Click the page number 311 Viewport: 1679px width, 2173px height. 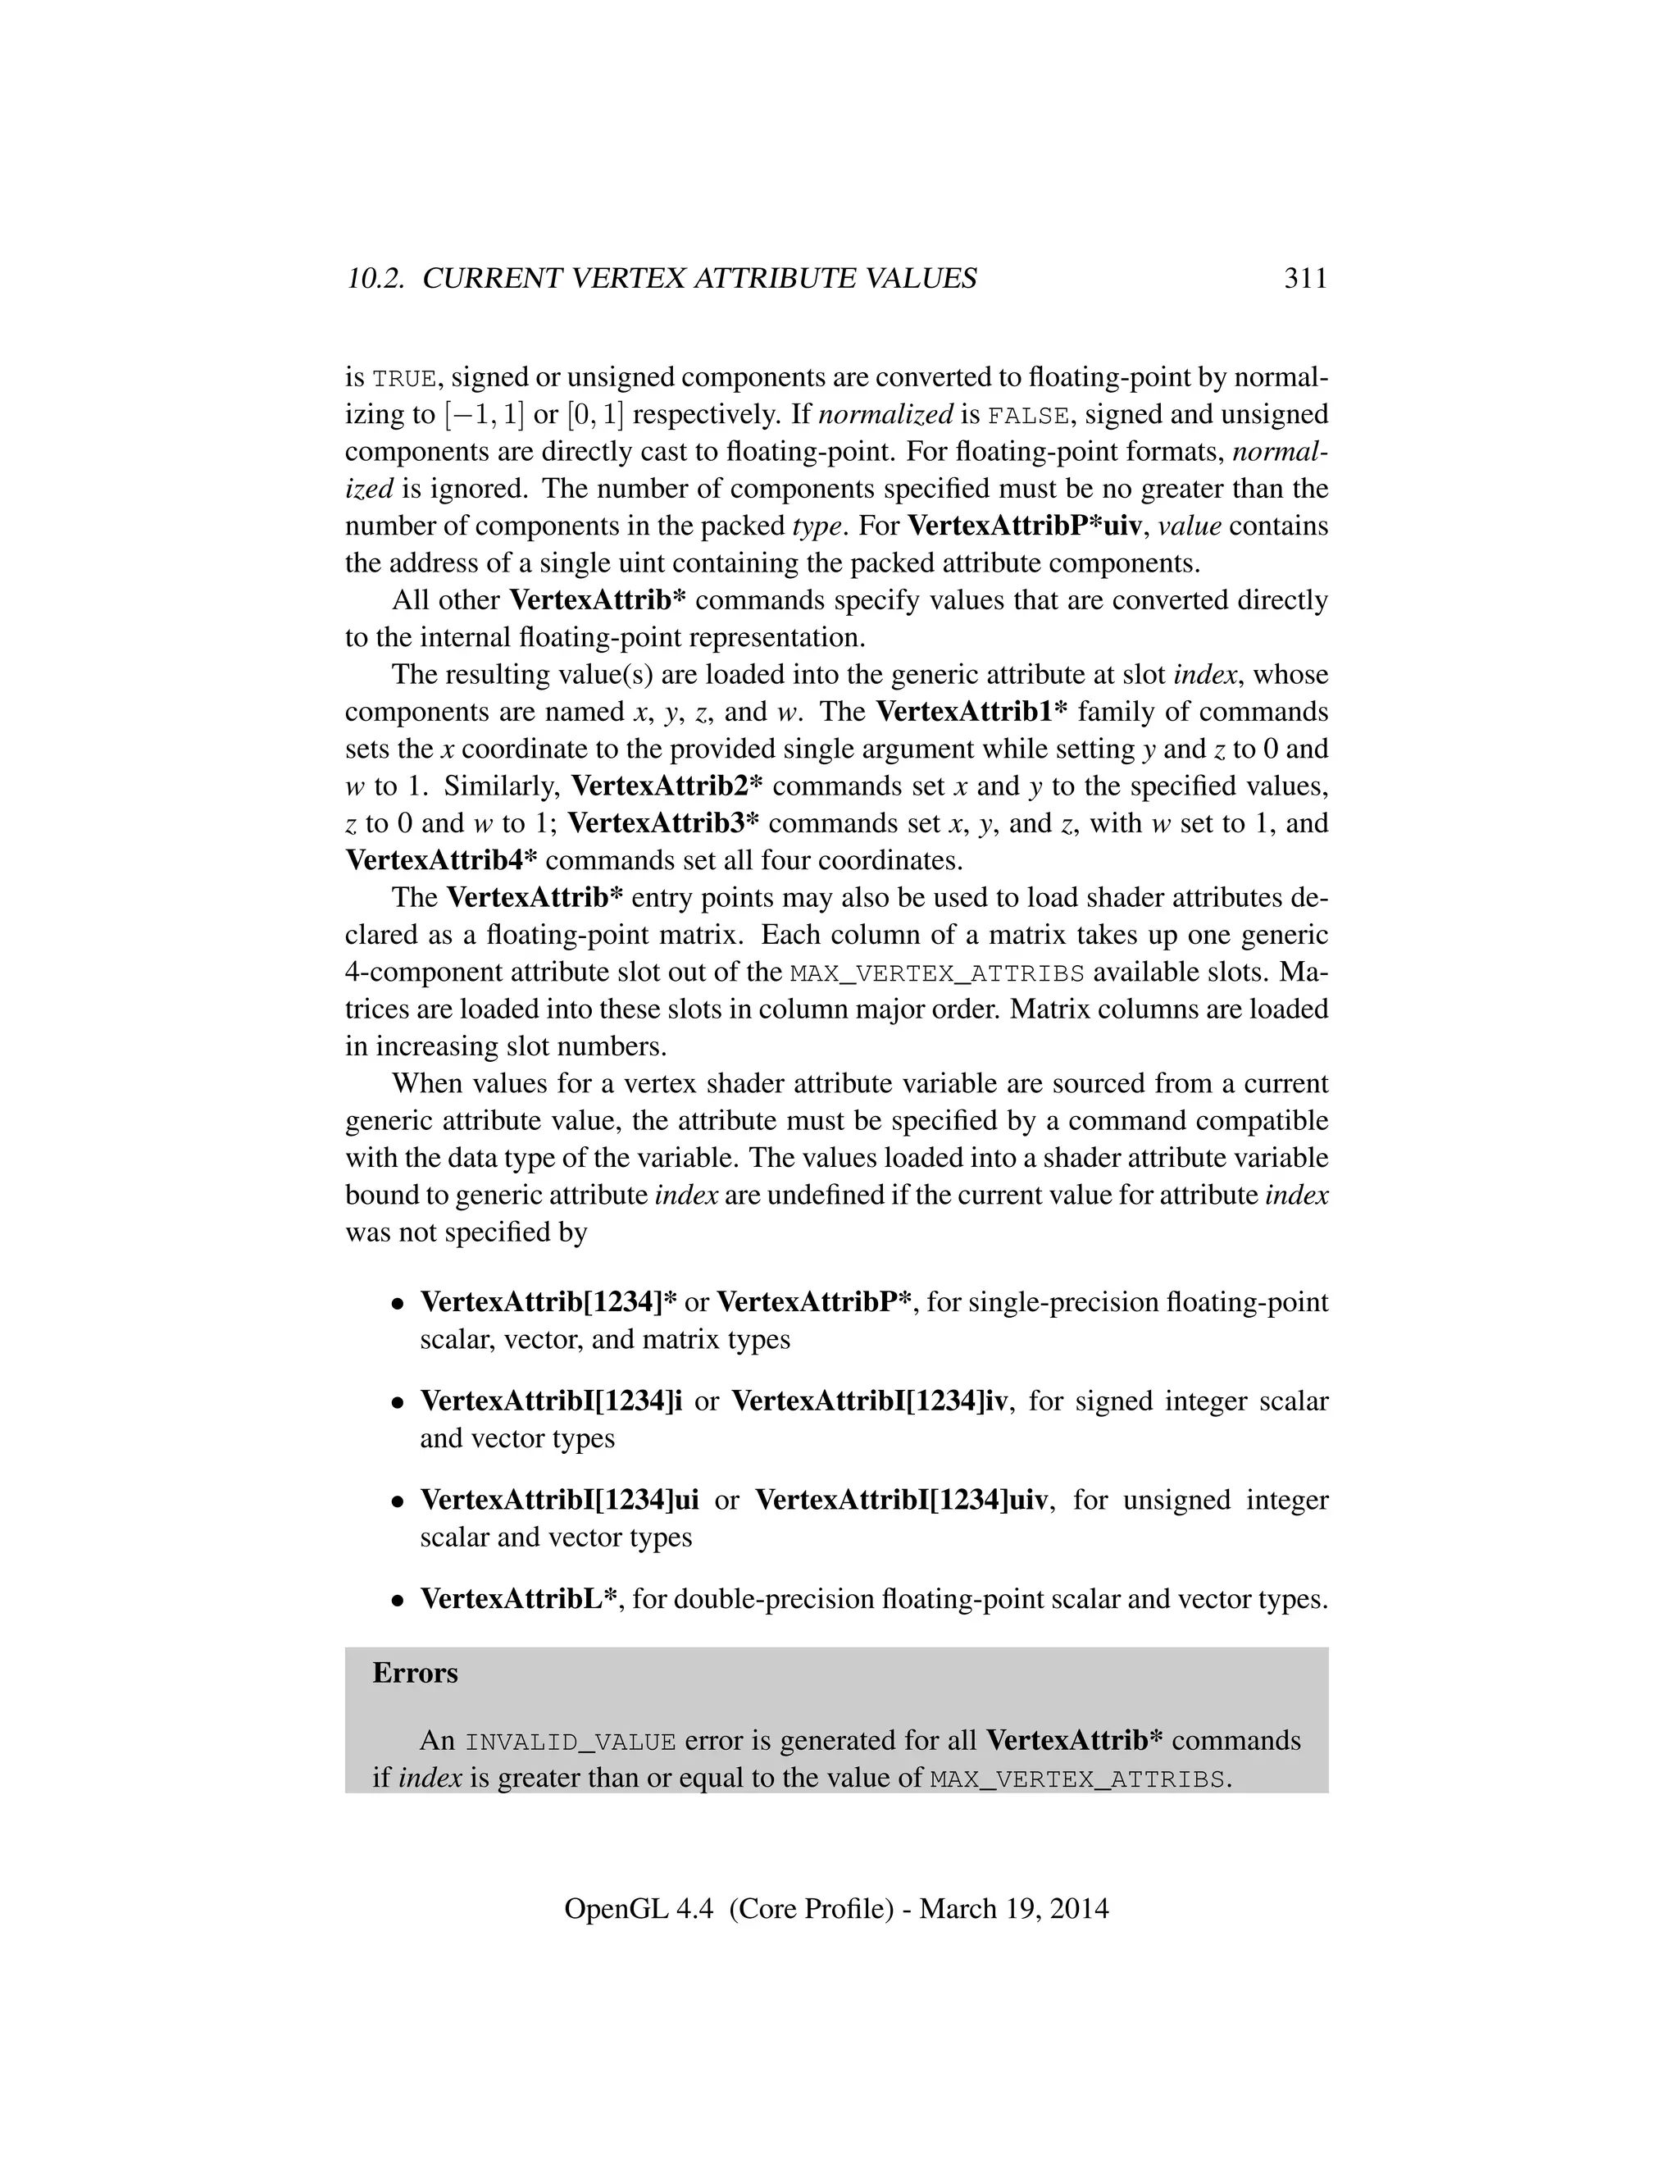(1305, 279)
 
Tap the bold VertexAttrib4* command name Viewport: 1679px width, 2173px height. (442, 861)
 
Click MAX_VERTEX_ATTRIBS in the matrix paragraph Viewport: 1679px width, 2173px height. (937, 973)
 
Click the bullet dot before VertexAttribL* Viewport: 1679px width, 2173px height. (397, 1601)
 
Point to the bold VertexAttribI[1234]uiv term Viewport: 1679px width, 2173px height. (901, 1500)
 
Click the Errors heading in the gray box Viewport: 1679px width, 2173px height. (415, 1674)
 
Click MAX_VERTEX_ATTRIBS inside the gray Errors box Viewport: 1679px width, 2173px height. (1077, 1780)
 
